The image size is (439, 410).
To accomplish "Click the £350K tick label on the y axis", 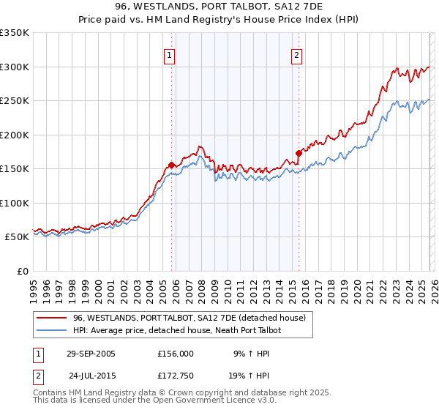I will point(15,33).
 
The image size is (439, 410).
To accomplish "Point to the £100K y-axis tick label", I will point(15,203).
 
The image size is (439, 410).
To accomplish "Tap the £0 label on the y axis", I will point(22,271).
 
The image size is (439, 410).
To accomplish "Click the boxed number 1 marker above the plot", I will point(169,55).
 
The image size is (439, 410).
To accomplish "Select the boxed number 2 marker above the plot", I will point(297,55).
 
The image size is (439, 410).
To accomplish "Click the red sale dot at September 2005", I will point(171,165).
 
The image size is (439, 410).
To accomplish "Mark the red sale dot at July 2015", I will point(299,153).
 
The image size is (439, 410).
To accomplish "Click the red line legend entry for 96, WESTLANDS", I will point(193,318).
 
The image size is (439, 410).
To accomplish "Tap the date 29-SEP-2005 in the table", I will point(91,353).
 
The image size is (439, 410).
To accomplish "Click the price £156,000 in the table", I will point(176,353).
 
